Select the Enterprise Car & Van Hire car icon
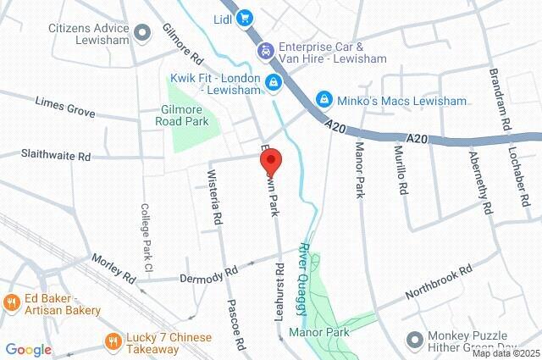coord(265,52)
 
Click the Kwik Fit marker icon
coord(273,82)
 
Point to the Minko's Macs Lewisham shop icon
coord(323,100)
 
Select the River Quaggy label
coord(304,270)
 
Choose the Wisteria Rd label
coord(215,198)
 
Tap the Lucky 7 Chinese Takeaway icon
coord(113,341)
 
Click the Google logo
coord(28,349)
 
